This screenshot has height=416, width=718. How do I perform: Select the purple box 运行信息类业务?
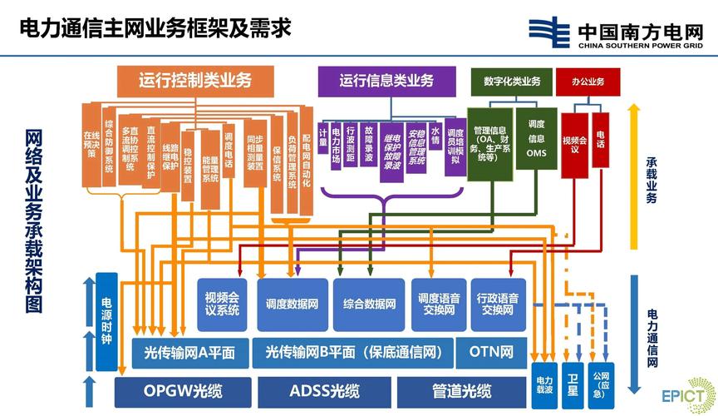pyautogui.click(x=386, y=81)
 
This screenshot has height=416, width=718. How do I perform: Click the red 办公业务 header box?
pyautogui.click(x=588, y=81)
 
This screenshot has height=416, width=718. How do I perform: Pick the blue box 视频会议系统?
pyautogui.click(x=222, y=304)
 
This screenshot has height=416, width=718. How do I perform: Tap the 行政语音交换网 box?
pyautogui.click(x=498, y=304)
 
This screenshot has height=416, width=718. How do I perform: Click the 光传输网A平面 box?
pyautogui.click(x=189, y=353)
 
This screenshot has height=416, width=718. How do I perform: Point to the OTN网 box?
pyautogui.click(x=490, y=353)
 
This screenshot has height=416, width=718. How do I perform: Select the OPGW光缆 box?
pyautogui.click(x=182, y=391)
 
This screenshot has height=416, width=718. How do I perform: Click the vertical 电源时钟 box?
pyautogui.click(x=106, y=321)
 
